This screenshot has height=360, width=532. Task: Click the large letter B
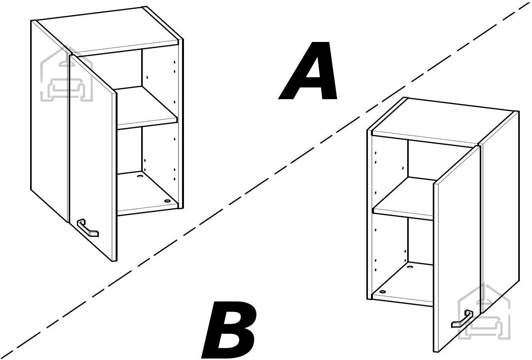[x=229, y=329]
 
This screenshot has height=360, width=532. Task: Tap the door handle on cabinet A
[x=87, y=228]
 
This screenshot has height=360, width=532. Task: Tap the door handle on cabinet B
[x=462, y=319]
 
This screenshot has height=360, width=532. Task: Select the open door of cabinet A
[x=93, y=158]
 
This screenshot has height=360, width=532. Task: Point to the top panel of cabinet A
[x=107, y=31]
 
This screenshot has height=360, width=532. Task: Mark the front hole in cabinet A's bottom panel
[x=168, y=201]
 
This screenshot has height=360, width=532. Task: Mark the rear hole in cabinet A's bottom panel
[x=140, y=176]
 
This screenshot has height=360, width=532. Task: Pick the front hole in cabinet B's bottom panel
[x=382, y=291]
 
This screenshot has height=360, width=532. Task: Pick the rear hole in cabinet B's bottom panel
[x=410, y=267]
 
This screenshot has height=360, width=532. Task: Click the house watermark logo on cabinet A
[x=66, y=74]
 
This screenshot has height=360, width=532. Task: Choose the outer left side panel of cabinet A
[x=50, y=121]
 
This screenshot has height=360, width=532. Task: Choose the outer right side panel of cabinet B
[x=500, y=211]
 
